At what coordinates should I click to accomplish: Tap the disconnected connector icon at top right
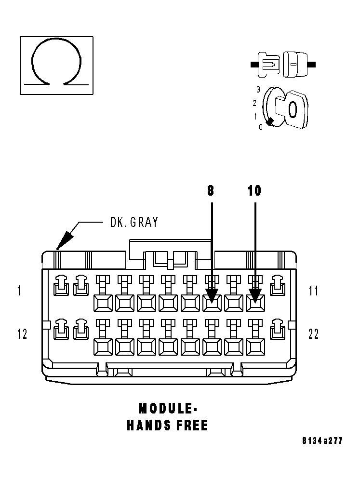283,64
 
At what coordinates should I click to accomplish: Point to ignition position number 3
258,90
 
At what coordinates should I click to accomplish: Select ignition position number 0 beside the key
261,127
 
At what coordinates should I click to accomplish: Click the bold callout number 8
211,191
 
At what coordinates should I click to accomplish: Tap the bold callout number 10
254,191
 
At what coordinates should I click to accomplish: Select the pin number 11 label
313,291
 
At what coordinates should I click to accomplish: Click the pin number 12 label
22,334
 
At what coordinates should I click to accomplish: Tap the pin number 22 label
313,334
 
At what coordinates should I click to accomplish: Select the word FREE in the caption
191,425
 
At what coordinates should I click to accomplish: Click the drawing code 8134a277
322,440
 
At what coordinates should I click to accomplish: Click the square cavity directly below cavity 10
255,346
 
